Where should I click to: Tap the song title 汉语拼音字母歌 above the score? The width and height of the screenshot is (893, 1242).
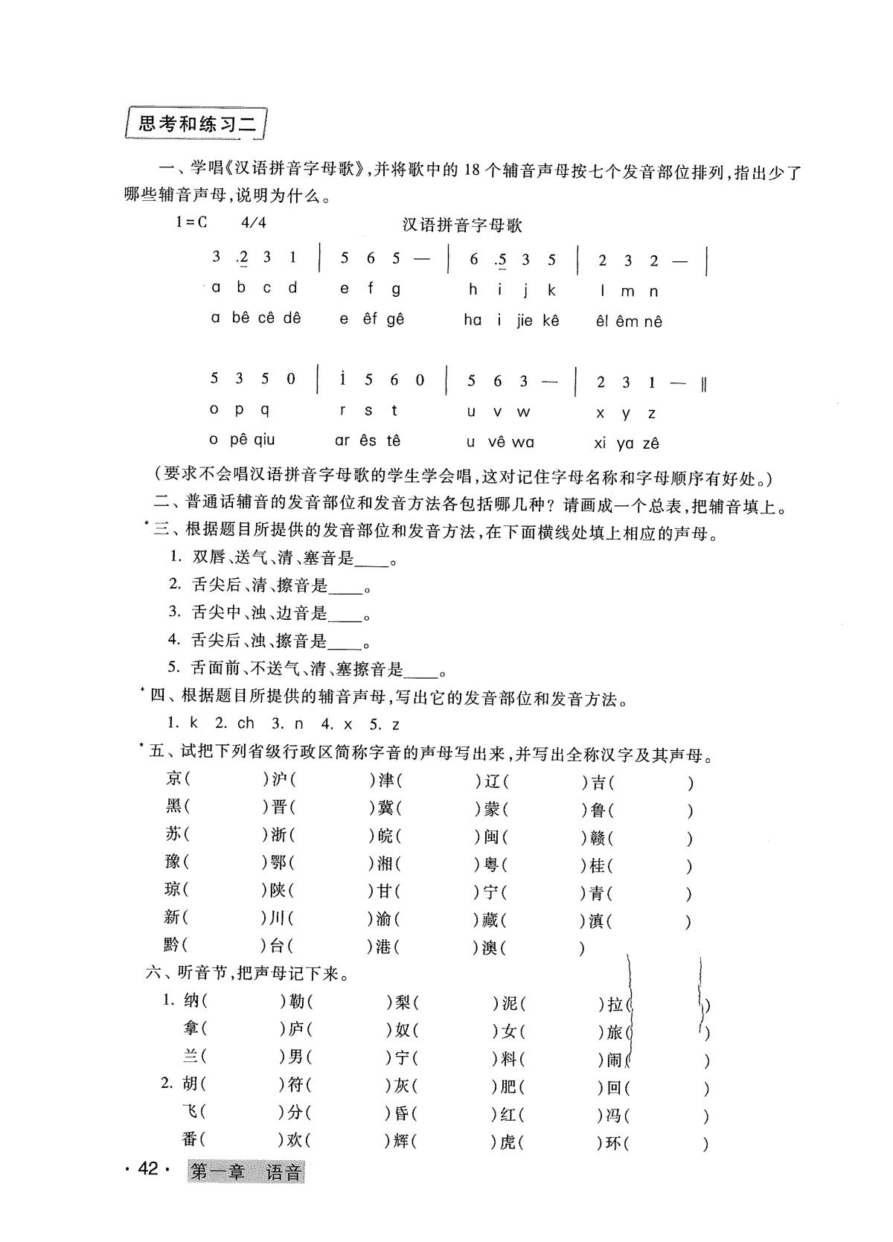(462, 224)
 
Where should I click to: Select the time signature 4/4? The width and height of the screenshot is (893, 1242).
(254, 222)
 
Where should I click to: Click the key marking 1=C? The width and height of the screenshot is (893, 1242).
(191, 222)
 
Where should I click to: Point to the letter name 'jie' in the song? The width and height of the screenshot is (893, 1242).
(524, 321)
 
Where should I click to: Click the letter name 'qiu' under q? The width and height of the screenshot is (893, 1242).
(264, 440)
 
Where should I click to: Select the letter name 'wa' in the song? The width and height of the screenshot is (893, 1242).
(522, 442)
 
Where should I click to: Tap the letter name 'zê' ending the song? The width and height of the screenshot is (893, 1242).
(650, 444)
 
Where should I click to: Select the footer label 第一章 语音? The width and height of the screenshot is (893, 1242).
(246, 1172)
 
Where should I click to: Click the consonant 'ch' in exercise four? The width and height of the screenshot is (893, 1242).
(246, 723)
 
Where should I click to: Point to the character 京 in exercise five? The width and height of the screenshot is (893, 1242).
(175, 780)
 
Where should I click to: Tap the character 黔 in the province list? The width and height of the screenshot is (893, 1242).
(173, 945)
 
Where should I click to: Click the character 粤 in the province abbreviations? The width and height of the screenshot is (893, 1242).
(491, 864)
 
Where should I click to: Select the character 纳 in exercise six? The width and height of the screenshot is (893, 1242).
(191, 1002)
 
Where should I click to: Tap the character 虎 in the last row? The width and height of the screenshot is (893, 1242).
(508, 1141)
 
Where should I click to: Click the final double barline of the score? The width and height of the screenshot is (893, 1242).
(703, 384)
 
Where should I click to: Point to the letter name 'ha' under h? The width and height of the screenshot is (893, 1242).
(473, 320)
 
